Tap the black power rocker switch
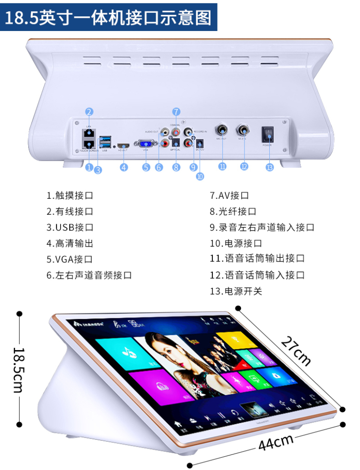click(x=267, y=134)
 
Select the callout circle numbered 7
click(x=176, y=111)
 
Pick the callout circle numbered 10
click(x=200, y=176)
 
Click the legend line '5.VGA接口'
click(x=70, y=259)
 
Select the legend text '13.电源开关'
click(x=236, y=291)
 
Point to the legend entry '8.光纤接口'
click(x=233, y=211)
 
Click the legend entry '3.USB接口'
click(x=70, y=227)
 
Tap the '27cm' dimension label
click(x=297, y=351)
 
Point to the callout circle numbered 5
click(x=146, y=167)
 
